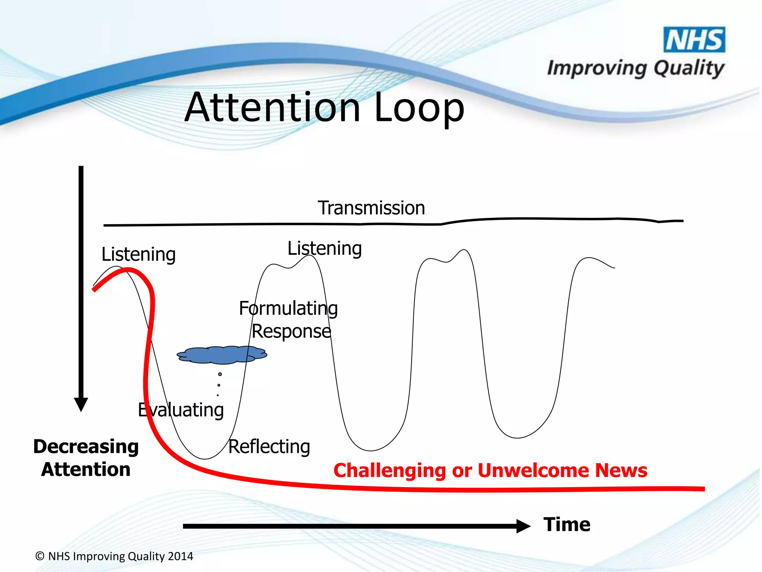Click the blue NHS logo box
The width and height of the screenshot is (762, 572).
[694, 39]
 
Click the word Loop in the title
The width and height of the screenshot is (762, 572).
[419, 108]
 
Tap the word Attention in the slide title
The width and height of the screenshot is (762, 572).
[272, 108]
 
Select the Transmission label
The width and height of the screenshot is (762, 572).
[371, 208]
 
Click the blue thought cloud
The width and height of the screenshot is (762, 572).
[222, 355]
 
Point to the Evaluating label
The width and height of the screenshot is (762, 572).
[181, 410]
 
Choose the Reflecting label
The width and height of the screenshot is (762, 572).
[269, 447]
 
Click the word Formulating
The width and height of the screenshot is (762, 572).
[288, 308]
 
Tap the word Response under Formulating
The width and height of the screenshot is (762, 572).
[291, 331]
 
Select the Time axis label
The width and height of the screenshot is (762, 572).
[567, 524]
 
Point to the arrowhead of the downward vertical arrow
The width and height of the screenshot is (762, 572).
[81, 404]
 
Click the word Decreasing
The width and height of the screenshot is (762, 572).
[86, 447]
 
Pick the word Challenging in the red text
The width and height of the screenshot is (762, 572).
[389, 471]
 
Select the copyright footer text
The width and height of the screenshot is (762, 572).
[114, 556]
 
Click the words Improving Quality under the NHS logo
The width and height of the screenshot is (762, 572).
[635, 69]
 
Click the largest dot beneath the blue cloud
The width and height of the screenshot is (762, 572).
[220, 374]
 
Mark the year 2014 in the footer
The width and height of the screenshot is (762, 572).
[180, 556]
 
